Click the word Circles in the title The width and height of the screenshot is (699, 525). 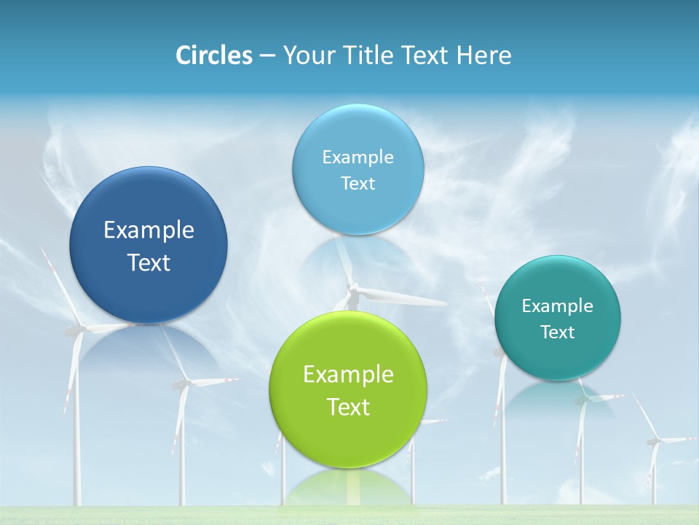tap(214, 55)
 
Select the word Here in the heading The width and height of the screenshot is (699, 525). tap(484, 55)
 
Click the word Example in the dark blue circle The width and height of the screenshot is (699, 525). tap(149, 230)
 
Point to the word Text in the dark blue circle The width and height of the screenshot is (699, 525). tap(149, 262)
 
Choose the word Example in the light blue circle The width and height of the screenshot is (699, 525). tap(358, 157)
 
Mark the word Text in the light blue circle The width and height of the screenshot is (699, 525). tap(358, 183)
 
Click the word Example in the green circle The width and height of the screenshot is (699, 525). tap(348, 374)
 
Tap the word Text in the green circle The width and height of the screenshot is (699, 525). tap(348, 406)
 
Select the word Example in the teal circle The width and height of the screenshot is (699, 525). tap(558, 306)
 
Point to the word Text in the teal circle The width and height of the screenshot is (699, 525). tap(558, 332)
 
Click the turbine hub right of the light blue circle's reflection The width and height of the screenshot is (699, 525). tap(354, 289)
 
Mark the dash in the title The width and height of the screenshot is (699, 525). tap(267, 55)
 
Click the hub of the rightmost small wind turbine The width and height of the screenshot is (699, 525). tap(654, 440)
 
